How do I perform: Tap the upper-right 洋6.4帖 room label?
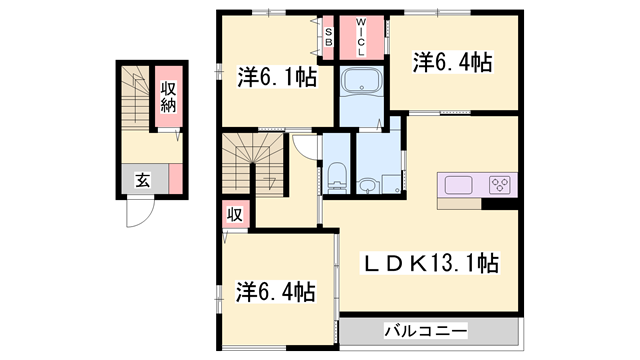(x=452, y=63)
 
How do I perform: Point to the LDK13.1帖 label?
(x=429, y=264)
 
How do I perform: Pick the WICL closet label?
(x=361, y=37)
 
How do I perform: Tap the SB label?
(x=328, y=36)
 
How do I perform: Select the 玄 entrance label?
(x=142, y=181)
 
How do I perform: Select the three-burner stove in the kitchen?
(x=500, y=184)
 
